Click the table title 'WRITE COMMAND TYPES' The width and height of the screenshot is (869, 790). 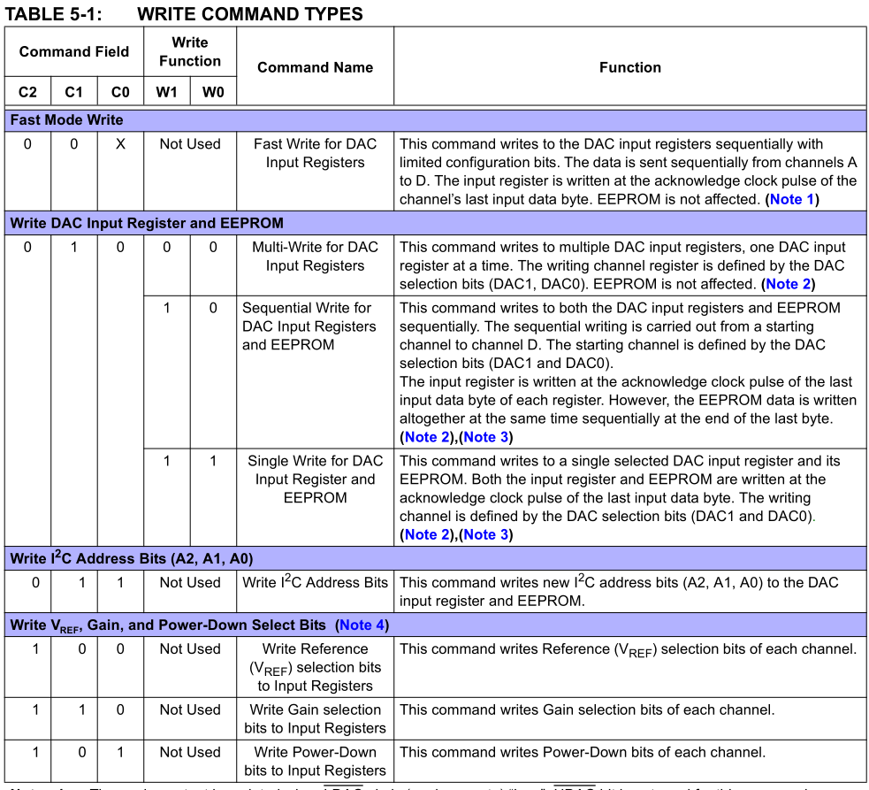(x=250, y=13)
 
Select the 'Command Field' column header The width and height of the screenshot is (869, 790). (x=74, y=51)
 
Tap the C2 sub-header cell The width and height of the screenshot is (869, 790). (x=27, y=92)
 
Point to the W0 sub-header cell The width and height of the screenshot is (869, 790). (x=213, y=92)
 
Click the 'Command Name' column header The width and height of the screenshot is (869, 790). (x=315, y=67)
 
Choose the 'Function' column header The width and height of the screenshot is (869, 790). (x=629, y=67)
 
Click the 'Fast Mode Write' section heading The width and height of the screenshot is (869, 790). (x=66, y=119)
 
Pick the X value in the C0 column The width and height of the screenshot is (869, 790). (x=120, y=144)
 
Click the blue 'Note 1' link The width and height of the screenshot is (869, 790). (x=791, y=199)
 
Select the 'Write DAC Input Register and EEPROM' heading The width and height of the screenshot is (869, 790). (x=147, y=223)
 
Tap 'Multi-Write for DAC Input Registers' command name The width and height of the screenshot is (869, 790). (x=315, y=257)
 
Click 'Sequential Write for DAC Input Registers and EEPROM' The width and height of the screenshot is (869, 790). (x=308, y=326)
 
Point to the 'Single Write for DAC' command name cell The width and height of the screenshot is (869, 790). (x=315, y=479)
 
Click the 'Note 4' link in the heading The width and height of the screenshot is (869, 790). (x=362, y=625)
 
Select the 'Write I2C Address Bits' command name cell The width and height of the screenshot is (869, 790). (x=315, y=582)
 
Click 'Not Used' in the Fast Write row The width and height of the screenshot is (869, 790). (x=190, y=144)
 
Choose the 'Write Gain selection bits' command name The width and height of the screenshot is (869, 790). (x=315, y=718)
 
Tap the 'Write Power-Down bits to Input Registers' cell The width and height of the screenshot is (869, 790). (x=315, y=761)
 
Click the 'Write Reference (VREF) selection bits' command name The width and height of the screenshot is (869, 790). (x=315, y=667)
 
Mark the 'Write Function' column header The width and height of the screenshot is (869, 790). (x=190, y=51)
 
